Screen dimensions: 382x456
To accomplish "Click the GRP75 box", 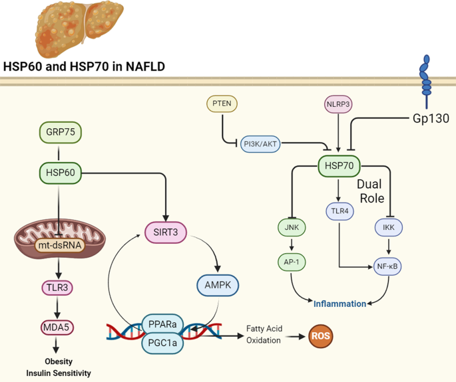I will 61,133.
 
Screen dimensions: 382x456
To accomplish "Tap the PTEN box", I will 222,105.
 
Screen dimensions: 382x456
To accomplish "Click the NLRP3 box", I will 339,105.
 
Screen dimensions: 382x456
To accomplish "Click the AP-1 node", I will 292,262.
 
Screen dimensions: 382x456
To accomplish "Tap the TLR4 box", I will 340,211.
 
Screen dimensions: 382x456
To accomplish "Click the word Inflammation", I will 340,304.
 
